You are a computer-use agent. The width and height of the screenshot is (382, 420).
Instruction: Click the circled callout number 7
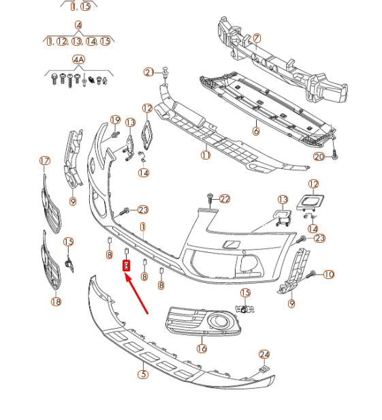[256, 38]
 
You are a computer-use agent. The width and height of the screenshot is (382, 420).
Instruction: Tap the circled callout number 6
[256, 131]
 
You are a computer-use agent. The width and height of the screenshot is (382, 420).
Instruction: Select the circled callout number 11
[205, 155]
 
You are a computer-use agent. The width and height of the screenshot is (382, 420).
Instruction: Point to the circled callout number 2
[148, 72]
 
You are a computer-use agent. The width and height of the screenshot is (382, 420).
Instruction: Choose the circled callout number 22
[225, 198]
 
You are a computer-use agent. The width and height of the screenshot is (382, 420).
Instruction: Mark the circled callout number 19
[115, 120]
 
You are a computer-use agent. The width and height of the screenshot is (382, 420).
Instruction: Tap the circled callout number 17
[45, 161]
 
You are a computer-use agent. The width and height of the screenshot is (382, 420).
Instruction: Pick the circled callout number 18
[56, 301]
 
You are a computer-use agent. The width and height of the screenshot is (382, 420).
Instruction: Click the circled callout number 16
[202, 348]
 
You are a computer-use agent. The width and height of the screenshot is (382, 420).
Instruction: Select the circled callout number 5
[143, 374]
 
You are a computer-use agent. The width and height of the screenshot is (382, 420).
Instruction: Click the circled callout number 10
[329, 274]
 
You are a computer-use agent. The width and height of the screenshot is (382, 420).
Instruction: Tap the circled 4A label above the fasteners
[78, 60]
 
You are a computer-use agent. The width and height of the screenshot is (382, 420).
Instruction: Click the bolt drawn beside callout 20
[335, 156]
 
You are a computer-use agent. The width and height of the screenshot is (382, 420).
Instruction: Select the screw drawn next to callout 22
[210, 199]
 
